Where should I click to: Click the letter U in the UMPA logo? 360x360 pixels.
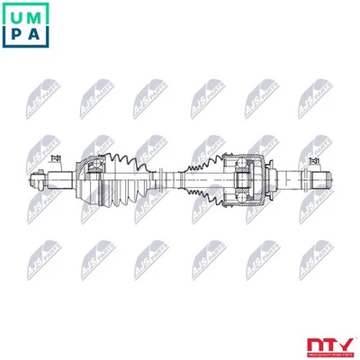13,13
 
